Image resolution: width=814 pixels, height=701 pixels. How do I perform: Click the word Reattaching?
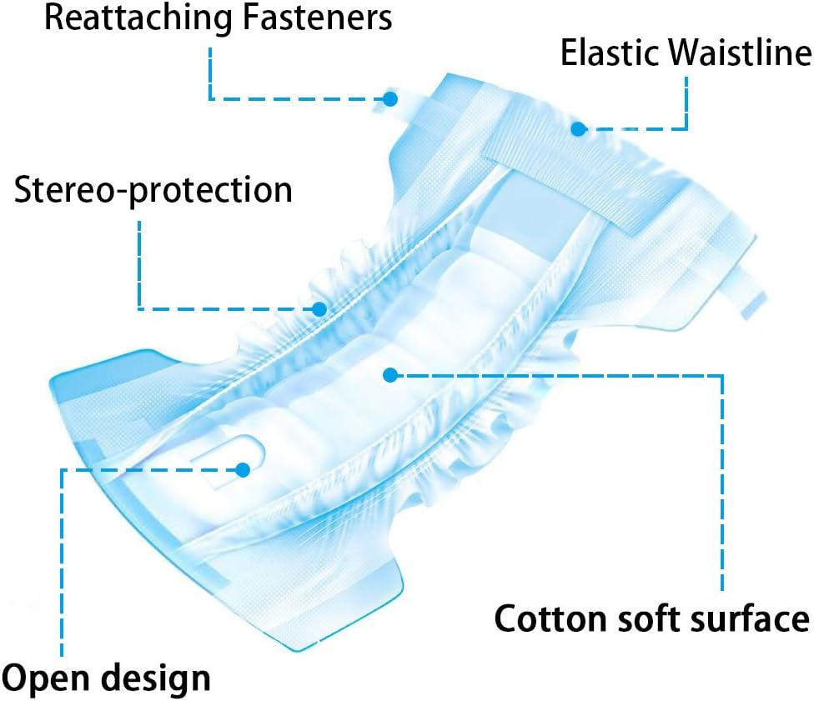138,19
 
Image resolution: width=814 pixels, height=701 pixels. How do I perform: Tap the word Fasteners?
317,18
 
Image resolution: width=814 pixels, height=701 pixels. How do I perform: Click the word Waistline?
739,53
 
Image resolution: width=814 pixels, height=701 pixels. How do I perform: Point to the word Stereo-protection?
153,190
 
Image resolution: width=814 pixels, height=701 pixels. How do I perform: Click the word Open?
46,679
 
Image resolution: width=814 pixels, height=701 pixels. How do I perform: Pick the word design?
156,678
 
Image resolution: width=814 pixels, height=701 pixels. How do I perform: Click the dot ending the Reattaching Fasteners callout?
390,98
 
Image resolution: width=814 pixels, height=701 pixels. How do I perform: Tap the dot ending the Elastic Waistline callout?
578,128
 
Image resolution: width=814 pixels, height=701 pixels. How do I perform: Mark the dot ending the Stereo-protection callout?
319,310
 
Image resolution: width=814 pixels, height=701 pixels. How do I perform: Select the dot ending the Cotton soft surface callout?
390,375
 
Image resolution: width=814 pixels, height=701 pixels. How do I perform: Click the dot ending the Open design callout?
243,470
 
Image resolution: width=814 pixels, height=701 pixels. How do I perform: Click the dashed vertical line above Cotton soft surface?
722,483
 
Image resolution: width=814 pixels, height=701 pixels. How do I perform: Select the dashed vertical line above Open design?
62,563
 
